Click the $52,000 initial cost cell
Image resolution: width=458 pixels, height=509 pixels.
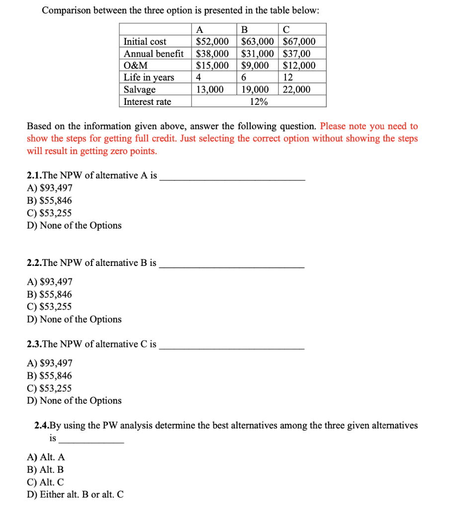[213, 42]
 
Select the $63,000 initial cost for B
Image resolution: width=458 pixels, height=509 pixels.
[258, 42]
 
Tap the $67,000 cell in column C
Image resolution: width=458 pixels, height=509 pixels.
[299, 42]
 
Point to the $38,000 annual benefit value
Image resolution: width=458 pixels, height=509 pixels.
[213, 54]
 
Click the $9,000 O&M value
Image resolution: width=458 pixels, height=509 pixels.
[255, 66]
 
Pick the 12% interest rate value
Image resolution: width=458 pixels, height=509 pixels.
[258, 102]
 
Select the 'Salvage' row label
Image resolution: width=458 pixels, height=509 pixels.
[140, 89]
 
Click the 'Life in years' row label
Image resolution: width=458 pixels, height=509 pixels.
[149, 78]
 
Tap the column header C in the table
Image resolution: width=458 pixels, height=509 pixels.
[286, 29]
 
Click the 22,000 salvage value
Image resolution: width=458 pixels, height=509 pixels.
[296, 89]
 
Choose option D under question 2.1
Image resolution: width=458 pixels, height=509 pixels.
[74, 226]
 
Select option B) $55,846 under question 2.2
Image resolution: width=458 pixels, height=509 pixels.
[49, 294]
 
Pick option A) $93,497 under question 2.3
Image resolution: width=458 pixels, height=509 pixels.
[49, 363]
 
